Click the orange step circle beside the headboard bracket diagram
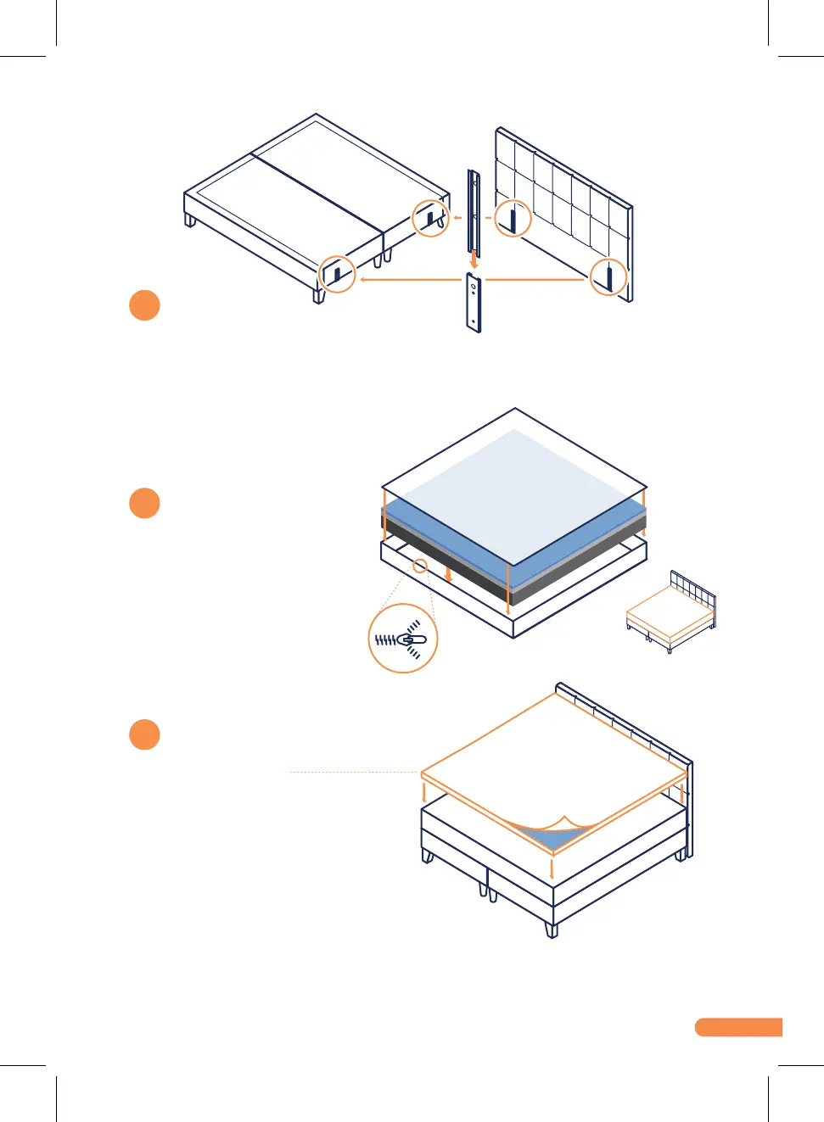pyautogui.click(x=144, y=305)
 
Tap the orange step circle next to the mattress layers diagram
pyautogui.click(x=144, y=503)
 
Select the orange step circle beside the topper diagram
pyautogui.click(x=144, y=734)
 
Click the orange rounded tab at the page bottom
pyautogui.click(x=738, y=1027)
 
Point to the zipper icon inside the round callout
pyautogui.click(x=402, y=639)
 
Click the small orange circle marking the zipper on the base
pyautogui.click(x=419, y=566)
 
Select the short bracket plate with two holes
pyautogui.click(x=474, y=303)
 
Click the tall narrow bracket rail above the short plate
pyautogui.click(x=473, y=212)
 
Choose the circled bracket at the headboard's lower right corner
pyautogui.click(x=608, y=276)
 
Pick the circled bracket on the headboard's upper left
pyautogui.click(x=513, y=218)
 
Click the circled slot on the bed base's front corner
pyautogui.click(x=337, y=274)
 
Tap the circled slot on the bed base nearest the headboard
pyautogui.click(x=430, y=218)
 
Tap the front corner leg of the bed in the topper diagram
pyautogui.click(x=552, y=929)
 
